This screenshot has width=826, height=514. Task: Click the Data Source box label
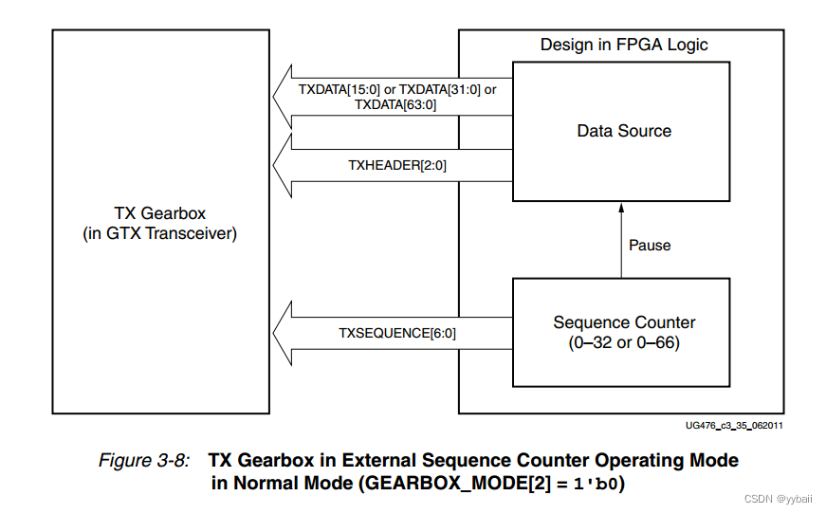[624, 131]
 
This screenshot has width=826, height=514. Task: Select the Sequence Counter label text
[624, 322]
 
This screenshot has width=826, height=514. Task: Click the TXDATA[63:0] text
[395, 105]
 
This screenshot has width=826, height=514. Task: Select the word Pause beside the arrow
[650, 245]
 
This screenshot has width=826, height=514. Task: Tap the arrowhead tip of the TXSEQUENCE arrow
[274, 332]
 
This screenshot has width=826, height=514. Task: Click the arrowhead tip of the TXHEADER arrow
[274, 165]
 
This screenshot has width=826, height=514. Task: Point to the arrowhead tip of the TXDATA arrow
[274, 97]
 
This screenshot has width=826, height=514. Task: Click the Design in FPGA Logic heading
[624, 45]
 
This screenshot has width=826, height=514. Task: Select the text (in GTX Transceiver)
[159, 232]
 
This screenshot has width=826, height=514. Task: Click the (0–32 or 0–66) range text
[624, 342]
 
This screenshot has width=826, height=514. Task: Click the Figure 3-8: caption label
[145, 461]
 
